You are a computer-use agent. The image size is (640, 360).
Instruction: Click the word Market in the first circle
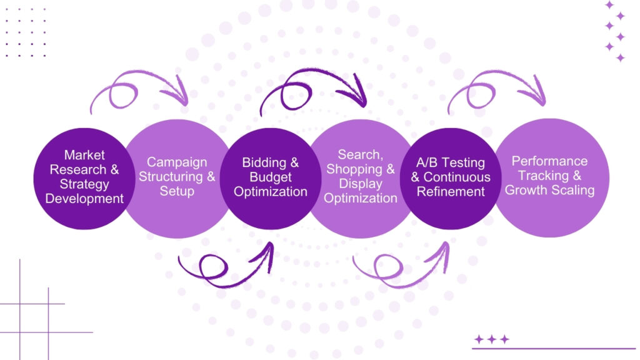tap(84, 155)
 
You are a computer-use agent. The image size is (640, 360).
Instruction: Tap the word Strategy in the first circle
tap(84, 184)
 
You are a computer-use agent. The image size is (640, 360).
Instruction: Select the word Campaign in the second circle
tap(177, 162)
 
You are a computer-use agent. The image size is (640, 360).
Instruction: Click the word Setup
tap(177, 191)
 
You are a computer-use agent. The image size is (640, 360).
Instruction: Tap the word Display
tap(361, 184)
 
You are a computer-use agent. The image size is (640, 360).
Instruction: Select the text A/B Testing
tap(450, 162)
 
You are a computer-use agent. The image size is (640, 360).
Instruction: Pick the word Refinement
tap(450, 191)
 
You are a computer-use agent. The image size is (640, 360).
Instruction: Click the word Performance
tap(549, 161)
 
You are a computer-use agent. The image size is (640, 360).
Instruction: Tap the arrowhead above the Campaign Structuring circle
tap(182, 98)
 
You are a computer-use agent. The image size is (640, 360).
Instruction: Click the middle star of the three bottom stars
tap(492, 339)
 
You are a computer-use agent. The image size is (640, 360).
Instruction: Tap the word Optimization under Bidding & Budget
tap(271, 191)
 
